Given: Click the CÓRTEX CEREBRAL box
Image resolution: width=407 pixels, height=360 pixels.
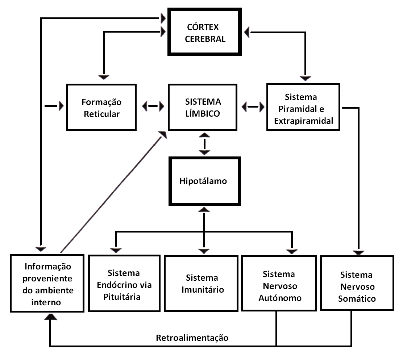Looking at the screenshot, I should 205,33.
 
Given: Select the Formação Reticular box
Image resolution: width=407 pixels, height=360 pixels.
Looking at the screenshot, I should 101,108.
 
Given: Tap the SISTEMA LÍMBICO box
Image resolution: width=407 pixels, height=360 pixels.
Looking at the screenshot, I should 203,107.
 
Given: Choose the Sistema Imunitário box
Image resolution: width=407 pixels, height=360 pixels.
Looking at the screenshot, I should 202,284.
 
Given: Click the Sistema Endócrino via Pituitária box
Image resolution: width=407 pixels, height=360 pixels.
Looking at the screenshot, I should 124,285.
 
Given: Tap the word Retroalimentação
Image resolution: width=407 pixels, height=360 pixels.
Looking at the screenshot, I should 192,338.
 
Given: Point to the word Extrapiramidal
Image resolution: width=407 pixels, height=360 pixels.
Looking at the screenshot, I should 303,121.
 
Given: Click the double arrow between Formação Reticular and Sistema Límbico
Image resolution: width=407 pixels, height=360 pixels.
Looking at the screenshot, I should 153,106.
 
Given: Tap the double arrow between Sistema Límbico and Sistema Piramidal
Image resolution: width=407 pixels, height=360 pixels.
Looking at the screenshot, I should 253,106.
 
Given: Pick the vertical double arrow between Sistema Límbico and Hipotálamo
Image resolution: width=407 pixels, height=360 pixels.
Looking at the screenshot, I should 205,144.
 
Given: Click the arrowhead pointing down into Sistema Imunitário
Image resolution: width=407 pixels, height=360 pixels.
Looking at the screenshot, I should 204,251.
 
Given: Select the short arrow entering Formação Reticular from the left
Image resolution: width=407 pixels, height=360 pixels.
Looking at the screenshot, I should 54,106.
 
